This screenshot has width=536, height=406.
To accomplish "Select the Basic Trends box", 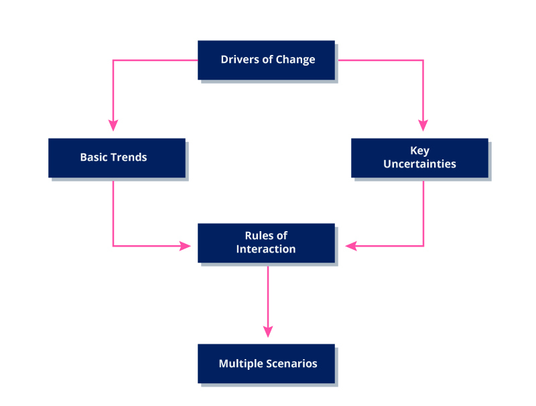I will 117,157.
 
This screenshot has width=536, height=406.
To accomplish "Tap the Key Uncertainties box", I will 419,157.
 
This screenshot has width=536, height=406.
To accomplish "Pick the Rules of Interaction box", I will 266,243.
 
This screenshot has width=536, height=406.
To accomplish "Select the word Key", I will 419,151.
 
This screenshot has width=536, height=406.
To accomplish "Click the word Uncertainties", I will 419,164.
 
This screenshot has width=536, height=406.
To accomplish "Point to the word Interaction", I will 266,249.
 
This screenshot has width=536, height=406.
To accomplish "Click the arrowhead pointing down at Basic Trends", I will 113,125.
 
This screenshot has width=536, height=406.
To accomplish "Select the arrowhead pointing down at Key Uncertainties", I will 423,125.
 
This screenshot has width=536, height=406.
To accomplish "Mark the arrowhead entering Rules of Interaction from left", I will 186,246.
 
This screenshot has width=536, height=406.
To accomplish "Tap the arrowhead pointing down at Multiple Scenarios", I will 268,332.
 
